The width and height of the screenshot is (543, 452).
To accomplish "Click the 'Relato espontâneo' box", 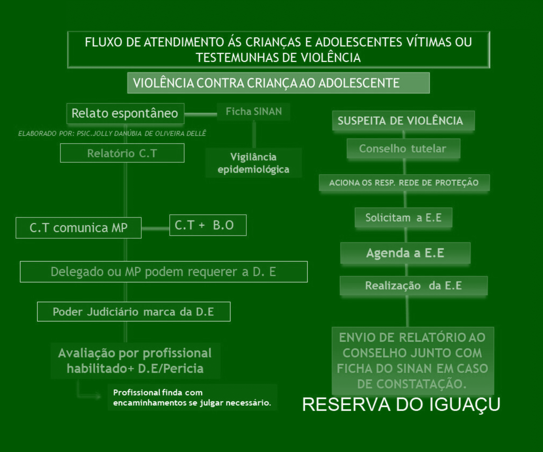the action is pos(125,114).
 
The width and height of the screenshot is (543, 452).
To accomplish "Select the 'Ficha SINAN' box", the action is pos(253,112).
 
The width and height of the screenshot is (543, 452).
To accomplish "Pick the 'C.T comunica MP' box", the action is pos(79,228).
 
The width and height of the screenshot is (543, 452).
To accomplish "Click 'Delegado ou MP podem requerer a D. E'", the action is pos(164,272).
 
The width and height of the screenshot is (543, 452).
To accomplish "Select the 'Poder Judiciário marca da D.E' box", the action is pos(134,311).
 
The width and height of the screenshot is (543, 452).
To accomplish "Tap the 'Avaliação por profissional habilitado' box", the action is pos(135,361).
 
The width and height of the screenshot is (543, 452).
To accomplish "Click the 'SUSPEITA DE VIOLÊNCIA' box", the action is pos(403,121).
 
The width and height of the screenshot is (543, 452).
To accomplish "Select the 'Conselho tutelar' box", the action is pos(403,149).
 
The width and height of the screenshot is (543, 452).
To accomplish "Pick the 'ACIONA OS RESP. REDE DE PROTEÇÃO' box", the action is pos(404,183).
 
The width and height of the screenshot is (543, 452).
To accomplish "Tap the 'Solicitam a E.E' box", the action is pos(403,218).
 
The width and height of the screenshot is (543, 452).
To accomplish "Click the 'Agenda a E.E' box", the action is pos(405,253).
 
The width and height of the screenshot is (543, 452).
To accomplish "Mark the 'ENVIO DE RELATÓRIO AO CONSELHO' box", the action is pos(413,361).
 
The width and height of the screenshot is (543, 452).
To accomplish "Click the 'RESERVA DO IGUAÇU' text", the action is pos(401,405).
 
